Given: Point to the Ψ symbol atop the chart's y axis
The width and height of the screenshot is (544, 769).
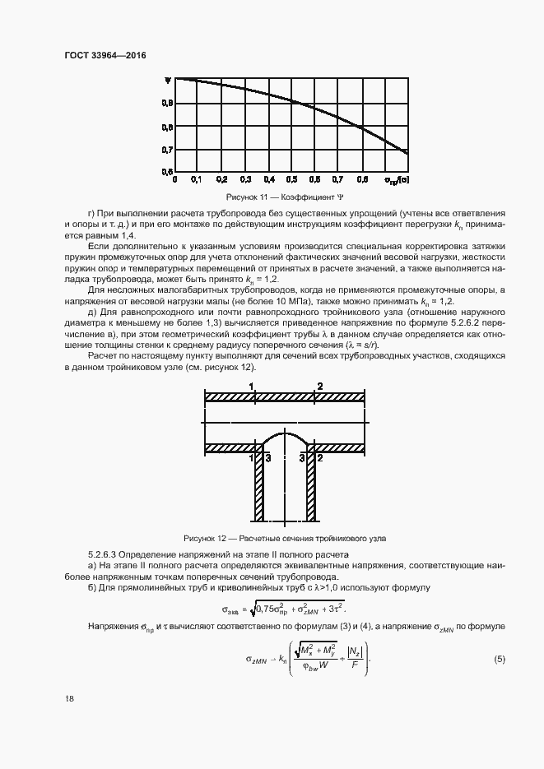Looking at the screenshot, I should pyautogui.click(x=167, y=81).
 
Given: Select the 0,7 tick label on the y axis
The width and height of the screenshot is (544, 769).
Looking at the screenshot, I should pyautogui.click(x=167, y=150).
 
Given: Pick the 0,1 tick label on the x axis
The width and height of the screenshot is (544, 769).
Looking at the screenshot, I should pyautogui.click(x=197, y=178).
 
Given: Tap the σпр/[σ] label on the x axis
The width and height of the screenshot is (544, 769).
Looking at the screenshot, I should pyautogui.click(x=398, y=178).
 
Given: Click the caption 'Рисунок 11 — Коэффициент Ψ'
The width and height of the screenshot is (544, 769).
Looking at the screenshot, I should pyautogui.click(x=285, y=197).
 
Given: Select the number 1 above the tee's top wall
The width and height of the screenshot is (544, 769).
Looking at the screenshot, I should pyautogui.click(x=252, y=386).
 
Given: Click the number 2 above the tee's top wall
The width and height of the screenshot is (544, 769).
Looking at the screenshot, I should pyautogui.click(x=319, y=386).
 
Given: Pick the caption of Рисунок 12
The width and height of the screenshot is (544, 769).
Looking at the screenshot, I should pyautogui.click(x=285, y=538).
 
